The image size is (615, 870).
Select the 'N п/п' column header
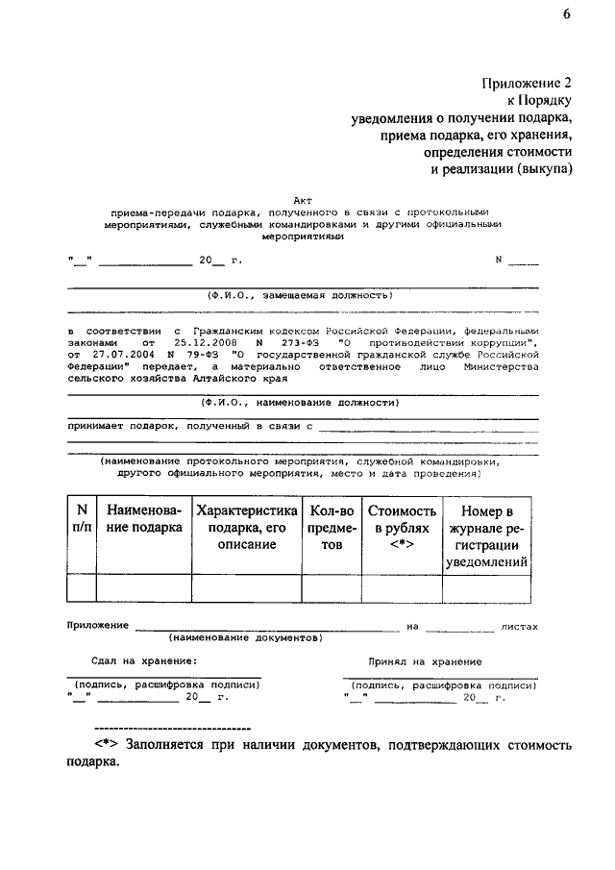81,519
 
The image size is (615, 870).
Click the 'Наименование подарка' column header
144,519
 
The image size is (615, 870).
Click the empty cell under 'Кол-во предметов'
332,588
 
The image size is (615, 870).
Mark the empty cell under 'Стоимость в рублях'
402,588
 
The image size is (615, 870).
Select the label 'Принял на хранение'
425,661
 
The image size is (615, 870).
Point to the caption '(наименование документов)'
246,637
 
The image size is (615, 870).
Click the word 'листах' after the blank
520,626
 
